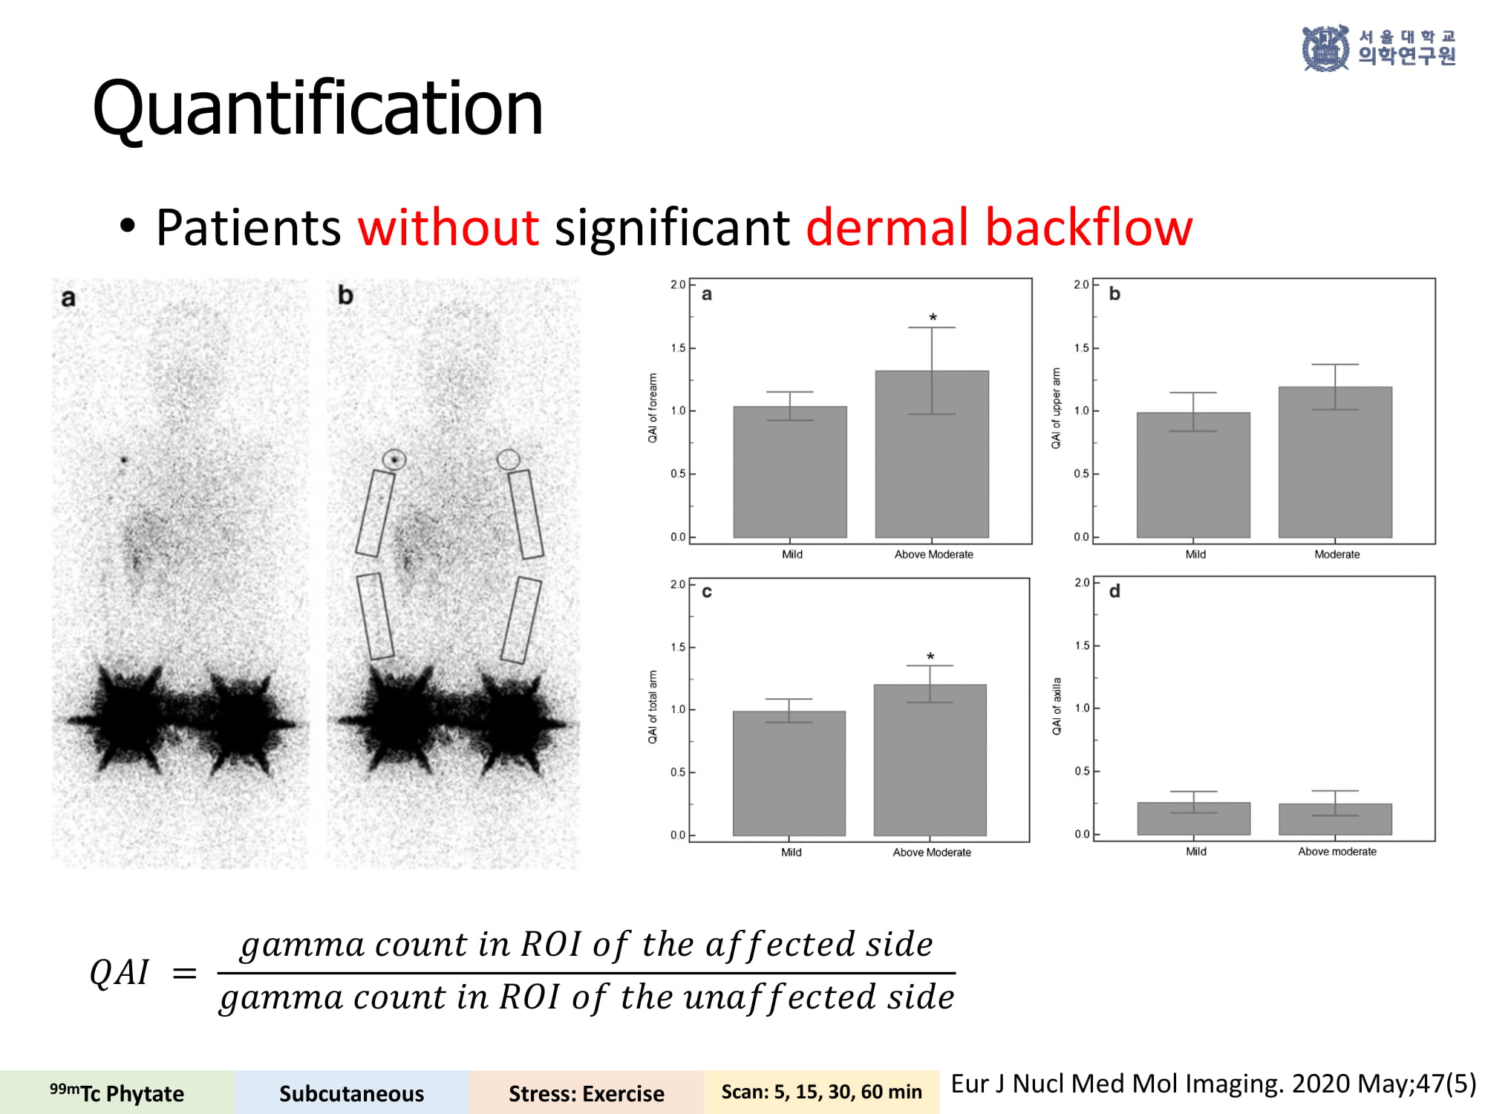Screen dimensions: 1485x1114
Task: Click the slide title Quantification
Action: click(318, 109)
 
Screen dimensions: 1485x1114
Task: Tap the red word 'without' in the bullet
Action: click(448, 227)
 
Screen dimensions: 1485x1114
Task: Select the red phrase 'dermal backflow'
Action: click(999, 227)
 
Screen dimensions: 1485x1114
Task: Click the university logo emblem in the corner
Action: click(1325, 48)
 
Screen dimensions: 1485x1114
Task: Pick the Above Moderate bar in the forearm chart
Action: click(932, 454)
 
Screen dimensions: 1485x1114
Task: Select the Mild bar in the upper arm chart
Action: click(1193, 475)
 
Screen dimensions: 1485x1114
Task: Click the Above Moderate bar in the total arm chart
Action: click(930, 760)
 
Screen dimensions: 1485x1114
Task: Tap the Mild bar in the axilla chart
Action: click(1194, 818)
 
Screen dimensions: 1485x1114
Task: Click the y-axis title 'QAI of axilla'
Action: click(1057, 706)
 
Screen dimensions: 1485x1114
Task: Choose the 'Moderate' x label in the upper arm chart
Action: click(1337, 555)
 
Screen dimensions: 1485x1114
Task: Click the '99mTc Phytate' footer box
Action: click(117, 1092)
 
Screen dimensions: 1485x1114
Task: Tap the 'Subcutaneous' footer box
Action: click(352, 1092)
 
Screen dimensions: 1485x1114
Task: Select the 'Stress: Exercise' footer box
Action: click(587, 1092)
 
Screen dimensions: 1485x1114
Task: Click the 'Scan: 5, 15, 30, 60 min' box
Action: click(821, 1092)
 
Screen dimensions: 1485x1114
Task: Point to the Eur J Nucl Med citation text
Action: click(1213, 1084)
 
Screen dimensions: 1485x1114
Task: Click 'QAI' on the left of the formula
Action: click(120, 972)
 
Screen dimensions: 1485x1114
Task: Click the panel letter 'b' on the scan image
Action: click(345, 295)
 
